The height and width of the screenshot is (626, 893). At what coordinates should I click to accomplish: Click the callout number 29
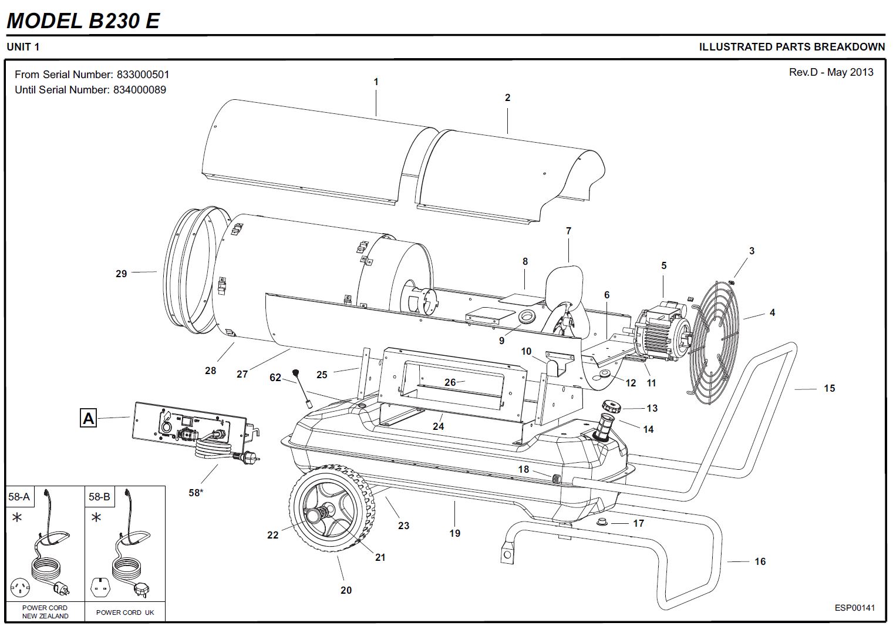tap(121, 273)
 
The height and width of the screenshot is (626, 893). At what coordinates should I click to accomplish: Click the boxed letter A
tap(88, 418)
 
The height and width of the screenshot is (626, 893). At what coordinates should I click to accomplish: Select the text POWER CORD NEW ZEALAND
tap(45, 612)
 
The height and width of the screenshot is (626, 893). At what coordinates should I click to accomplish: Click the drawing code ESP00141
tap(854, 607)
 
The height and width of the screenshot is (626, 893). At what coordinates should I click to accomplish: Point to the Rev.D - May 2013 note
tap(831, 72)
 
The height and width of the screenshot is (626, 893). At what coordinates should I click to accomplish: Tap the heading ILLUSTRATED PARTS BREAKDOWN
tap(791, 47)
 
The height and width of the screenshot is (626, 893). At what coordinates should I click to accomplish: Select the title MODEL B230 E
tap(83, 21)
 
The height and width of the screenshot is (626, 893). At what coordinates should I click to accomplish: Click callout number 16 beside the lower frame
tap(760, 561)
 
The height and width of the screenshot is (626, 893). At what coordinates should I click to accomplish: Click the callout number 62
tap(275, 377)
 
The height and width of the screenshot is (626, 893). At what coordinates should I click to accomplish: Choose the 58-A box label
tap(19, 497)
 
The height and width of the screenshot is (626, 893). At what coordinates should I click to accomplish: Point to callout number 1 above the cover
tap(376, 82)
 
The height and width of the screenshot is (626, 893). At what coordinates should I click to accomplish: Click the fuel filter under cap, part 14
tap(604, 428)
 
